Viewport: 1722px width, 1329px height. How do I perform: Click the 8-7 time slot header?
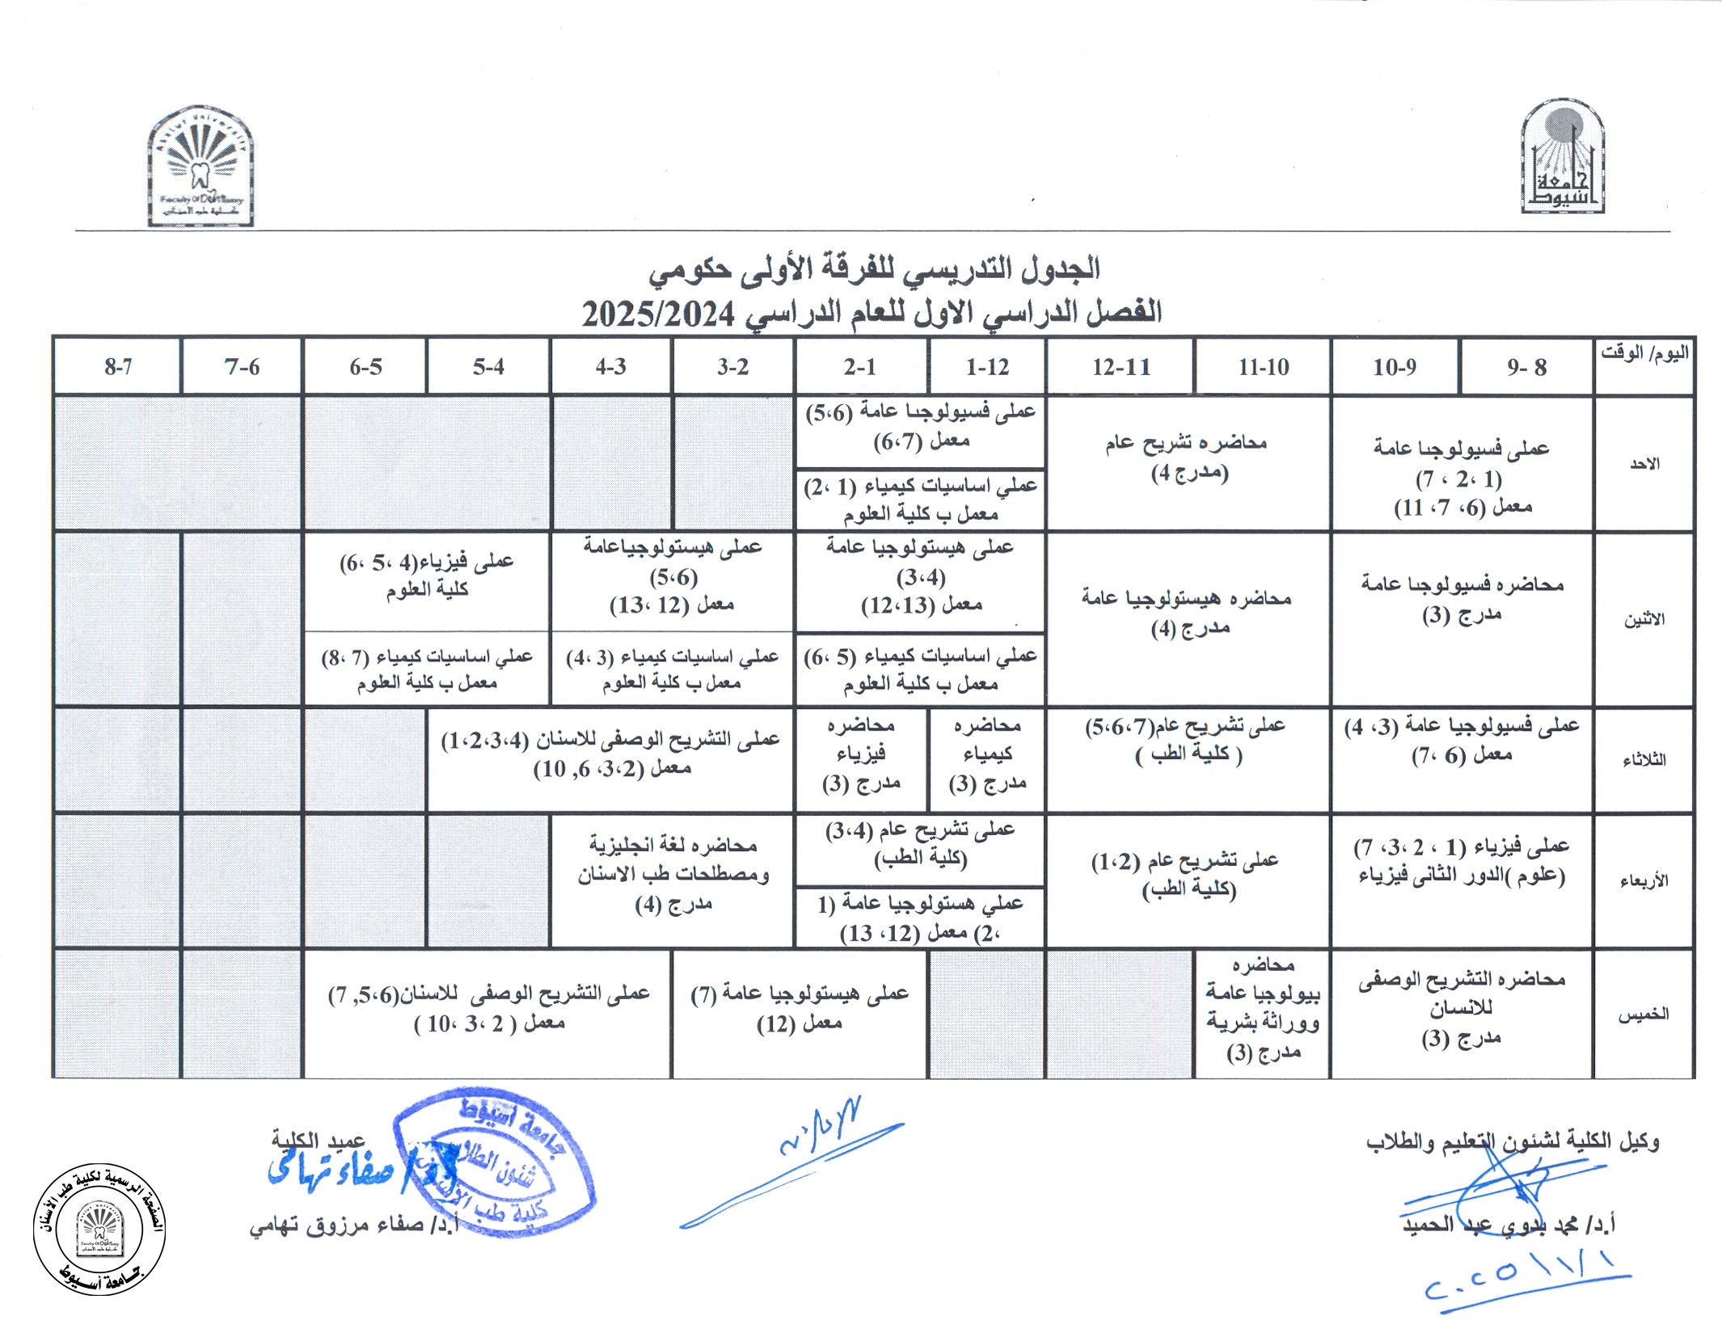118,367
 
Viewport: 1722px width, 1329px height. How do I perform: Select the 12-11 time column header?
1121,367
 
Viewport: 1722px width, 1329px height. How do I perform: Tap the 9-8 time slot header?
1526,367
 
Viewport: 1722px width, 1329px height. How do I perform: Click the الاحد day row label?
1644,464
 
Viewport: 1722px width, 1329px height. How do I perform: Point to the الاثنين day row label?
1644,619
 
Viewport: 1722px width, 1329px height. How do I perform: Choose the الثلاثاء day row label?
1644,760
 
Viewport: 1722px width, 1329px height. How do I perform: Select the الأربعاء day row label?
1644,880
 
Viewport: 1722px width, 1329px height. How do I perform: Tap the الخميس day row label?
1644,1015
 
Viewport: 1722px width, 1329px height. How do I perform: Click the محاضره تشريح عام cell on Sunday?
1188,458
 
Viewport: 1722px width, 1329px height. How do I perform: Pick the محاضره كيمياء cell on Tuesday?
987,754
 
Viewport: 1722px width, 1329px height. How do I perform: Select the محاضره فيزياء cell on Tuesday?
861,754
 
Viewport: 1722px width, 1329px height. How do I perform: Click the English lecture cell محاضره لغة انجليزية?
673,875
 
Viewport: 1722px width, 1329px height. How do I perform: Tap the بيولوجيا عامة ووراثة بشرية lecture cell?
1263,1009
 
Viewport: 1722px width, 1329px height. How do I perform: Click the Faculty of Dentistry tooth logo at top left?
200,166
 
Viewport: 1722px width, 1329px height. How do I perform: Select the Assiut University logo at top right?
1562,158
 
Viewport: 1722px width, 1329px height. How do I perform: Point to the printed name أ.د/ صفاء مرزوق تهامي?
354,1226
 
